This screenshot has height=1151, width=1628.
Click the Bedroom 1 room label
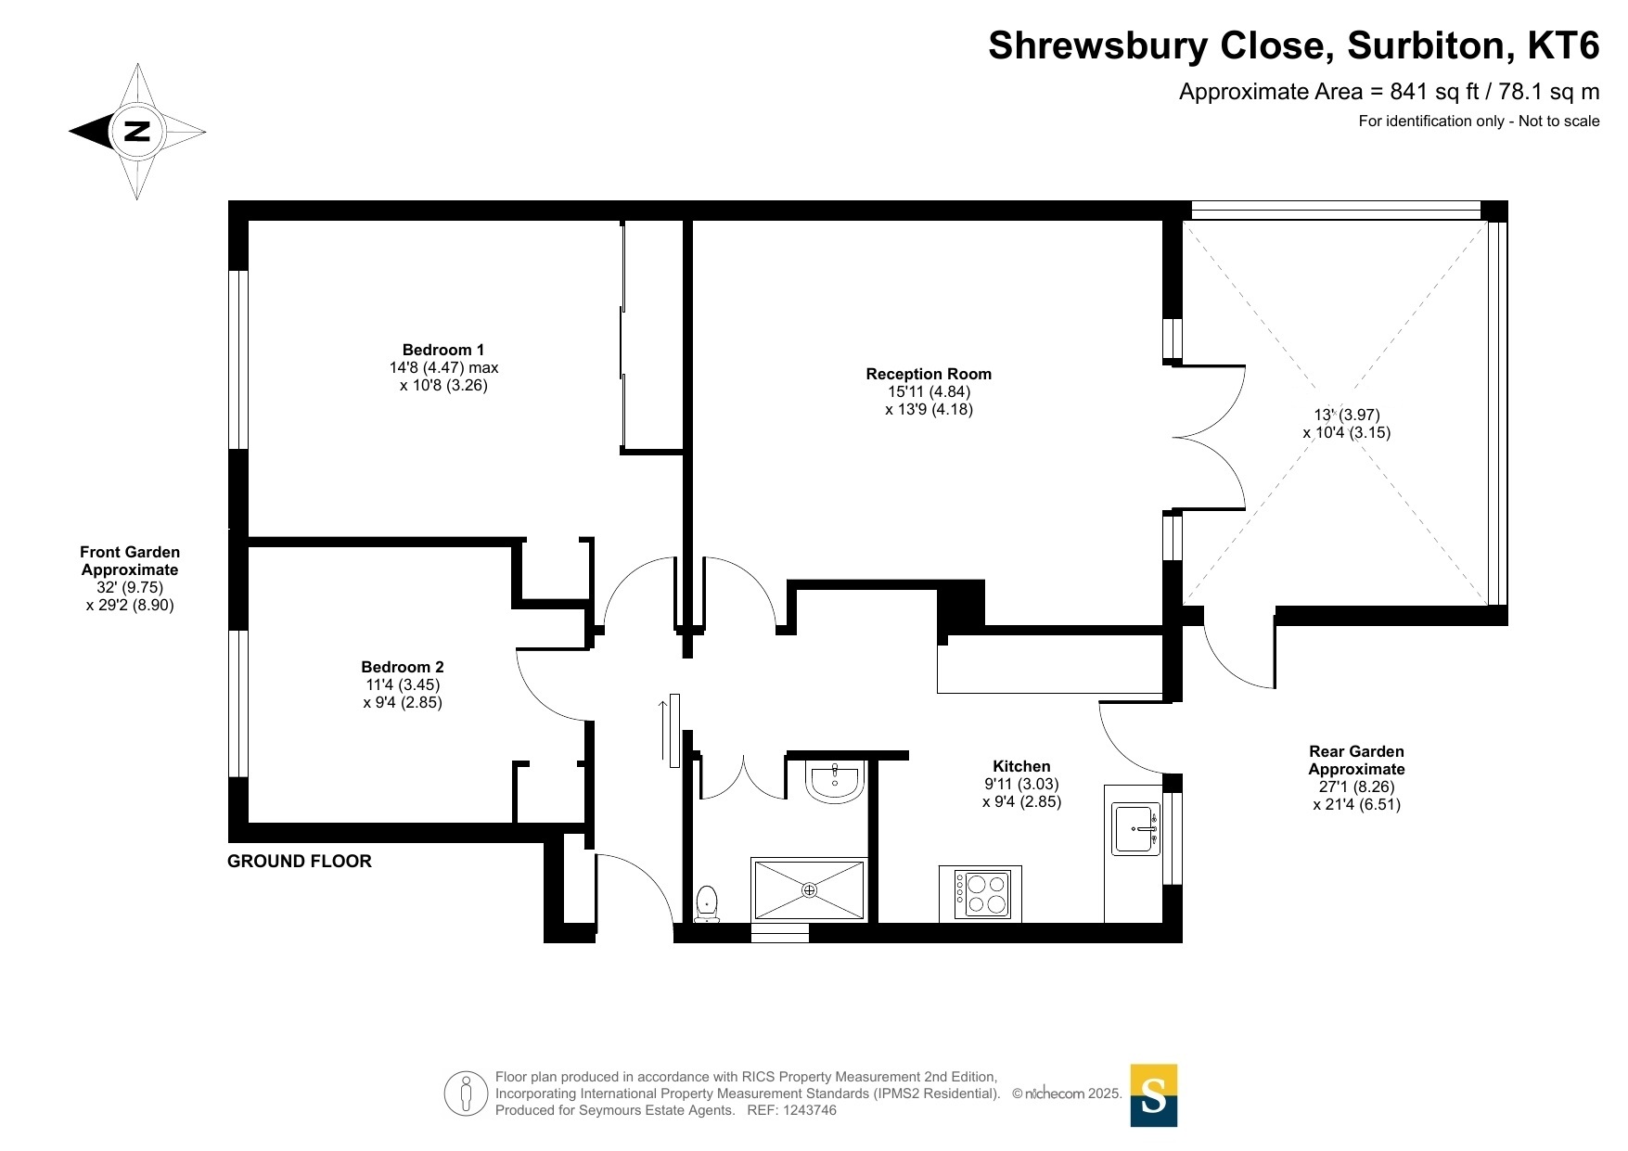click(x=443, y=350)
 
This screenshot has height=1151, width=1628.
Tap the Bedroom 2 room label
click(x=403, y=667)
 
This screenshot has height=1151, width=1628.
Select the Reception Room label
click(x=929, y=374)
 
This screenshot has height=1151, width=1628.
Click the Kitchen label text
click(x=1021, y=766)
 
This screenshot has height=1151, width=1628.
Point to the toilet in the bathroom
click(x=707, y=903)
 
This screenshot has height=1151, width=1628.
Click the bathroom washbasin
click(x=836, y=782)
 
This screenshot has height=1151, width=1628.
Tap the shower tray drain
click(x=810, y=890)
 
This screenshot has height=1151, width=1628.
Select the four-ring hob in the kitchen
click(x=981, y=894)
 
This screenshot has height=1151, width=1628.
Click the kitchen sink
click(x=1136, y=829)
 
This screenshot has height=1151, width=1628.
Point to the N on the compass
click(x=136, y=131)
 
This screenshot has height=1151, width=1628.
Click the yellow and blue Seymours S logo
click(x=1154, y=1095)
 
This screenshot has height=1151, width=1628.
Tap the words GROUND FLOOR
click(x=300, y=861)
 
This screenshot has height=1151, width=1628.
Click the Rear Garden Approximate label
click(x=1356, y=761)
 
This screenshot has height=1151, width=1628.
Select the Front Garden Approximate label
click(x=130, y=561)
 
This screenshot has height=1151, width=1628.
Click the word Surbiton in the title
click(x=1425, y=45)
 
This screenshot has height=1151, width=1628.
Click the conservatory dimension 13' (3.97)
click(x=1346, y=415)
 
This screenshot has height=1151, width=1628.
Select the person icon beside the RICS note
click(x=466, y=1093)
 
